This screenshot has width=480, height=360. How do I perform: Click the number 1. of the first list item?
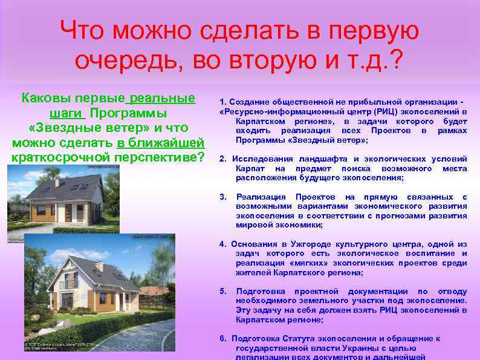click(222, 102)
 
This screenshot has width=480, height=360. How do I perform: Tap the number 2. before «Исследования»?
click(222, 159)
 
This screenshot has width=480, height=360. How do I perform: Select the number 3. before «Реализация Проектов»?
click(222, 197)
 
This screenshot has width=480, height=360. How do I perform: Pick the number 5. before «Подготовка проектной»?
click(222, 291)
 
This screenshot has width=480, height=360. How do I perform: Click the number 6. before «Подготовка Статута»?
click(222, 339)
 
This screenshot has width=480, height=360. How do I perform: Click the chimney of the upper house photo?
click(56, 181)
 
